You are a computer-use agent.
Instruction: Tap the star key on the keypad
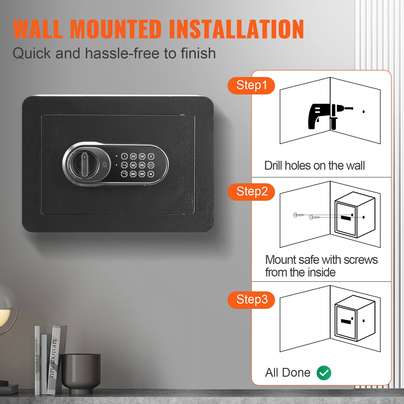pyautogui.click(x=151, y=157)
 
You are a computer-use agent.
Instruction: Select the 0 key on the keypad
pyautogui.click(x=151, y=165)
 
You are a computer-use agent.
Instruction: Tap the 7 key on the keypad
pyautogui.click(x=124, y=174)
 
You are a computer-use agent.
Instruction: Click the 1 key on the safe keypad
pyautogui.click(x=124, y=157)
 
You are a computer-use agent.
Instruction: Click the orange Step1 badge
pyautogui.click(x=251, y=85)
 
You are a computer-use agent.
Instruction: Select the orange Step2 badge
pyautogui.click(x=251, y=192)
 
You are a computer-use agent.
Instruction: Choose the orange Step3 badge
pyautogui.click(x=251, y=300)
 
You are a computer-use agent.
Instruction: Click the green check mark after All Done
pyautogui.click(x=324, y=373)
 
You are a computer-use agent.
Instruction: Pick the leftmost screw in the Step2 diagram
pyautogui.click(x=298, y=215)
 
